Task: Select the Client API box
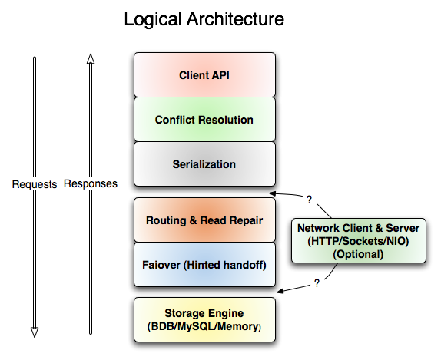pyautogui.click(x=204, y=75)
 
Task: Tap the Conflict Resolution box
pyautogui.click(x=204, y=120)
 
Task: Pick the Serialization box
pyautogui.click(x=204, y=164)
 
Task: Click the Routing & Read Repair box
pyautogui.click(x=204, y=220)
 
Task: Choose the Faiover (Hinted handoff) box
pyautogui.click(x=204, y=265)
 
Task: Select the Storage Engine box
pyautogui.click(x=204, y=319)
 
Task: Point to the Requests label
pyautogui.click(x=35, y=184)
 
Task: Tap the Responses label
pyautogui.click(x=91, y=184)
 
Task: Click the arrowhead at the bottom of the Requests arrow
pyautogui.click(x=35, y=332)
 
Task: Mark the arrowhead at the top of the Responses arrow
pyautogui.click(x=91, y=59)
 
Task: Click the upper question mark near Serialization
pyautogui.click(x=309, y=200)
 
